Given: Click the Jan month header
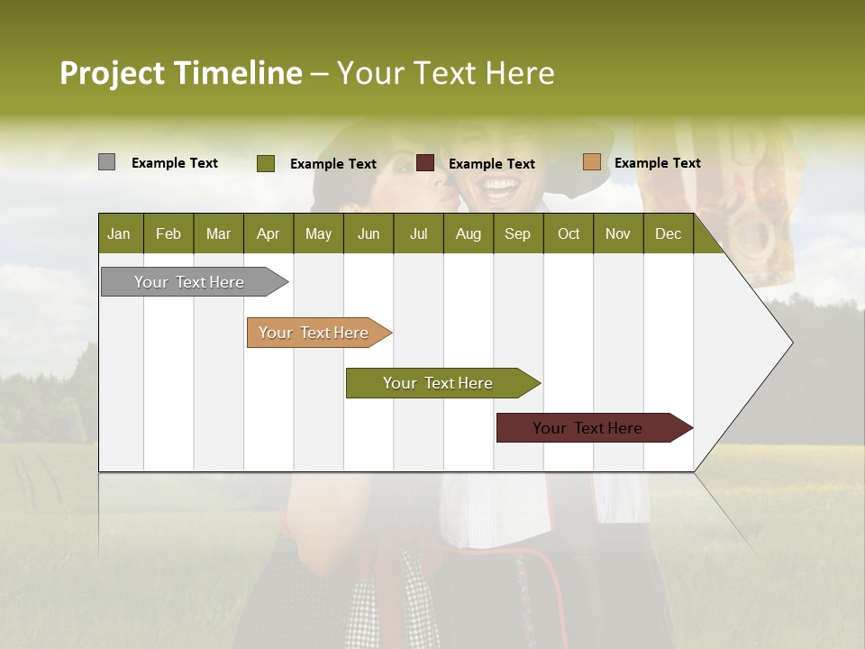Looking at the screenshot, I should click(119, 233).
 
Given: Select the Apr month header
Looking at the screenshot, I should click(268, 233).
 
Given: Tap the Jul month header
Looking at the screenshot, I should click(418, 233).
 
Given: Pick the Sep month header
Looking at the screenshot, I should click(517, 233).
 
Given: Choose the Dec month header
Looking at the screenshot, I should click(668, 233).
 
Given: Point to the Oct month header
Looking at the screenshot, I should click(569, 233).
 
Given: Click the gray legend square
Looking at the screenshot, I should click(106, 162).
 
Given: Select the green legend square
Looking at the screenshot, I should click(265, 163).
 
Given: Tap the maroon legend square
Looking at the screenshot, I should click(425, 163).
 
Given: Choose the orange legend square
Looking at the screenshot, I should click(591, 162).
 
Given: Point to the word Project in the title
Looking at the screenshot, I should click(114, 73).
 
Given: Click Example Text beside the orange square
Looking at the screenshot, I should click(657, 162).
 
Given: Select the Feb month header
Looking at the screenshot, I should click(168, 233).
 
